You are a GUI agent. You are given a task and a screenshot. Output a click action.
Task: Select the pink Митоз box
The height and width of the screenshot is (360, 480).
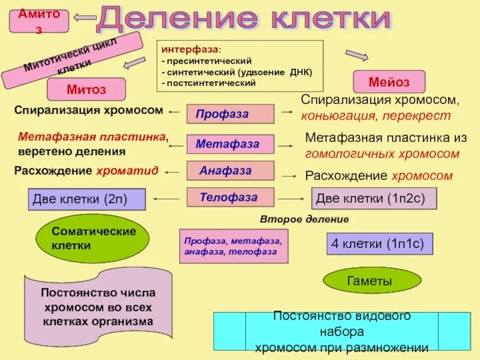click(86, 89)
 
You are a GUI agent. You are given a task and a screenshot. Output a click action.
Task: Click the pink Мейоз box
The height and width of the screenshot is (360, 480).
click(389, 82)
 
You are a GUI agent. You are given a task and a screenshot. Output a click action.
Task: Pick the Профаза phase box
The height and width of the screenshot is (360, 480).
click(230, 113)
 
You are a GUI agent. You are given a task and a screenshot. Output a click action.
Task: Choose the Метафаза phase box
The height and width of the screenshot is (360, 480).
click(230, 144)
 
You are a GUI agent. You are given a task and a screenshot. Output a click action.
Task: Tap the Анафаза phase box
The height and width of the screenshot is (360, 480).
click(230, 171)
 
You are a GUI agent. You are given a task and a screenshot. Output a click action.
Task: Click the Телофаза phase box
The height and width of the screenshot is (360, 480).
click(230, 197)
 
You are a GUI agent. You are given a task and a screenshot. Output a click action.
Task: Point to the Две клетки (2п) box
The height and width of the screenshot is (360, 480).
click(87, 199)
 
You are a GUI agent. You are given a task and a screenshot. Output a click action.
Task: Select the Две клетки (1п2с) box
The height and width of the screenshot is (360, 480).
click(374, 198)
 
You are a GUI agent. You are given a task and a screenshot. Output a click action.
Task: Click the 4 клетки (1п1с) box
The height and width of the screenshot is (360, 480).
click(379, 244)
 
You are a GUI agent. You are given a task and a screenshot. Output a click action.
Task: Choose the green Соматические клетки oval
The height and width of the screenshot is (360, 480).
click(93, 238)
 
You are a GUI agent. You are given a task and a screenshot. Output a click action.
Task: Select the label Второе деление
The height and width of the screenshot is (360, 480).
click(304, 219)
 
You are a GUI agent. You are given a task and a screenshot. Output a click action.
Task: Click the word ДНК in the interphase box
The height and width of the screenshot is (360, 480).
click(300, 72)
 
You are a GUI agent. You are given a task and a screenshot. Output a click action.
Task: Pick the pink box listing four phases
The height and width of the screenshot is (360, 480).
click(233, 246)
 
